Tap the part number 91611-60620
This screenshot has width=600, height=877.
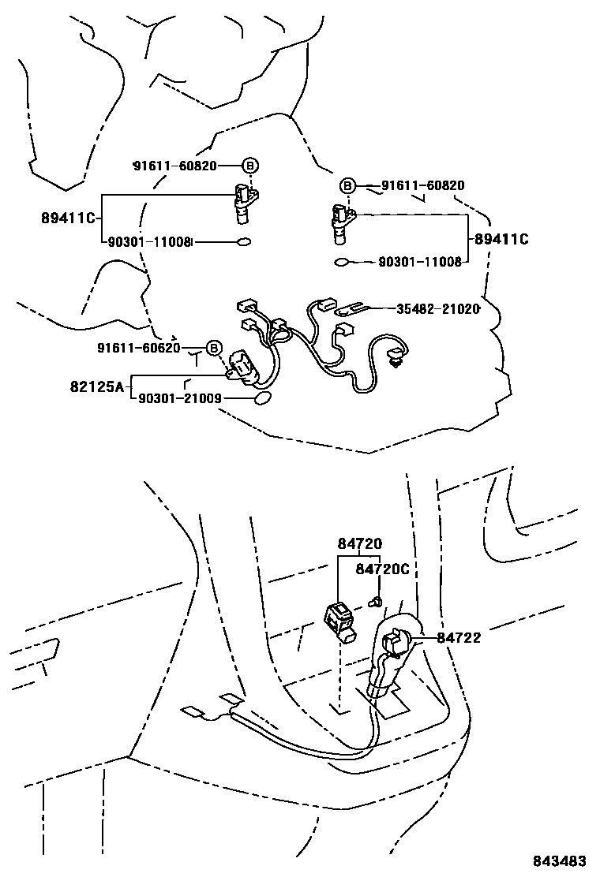139,348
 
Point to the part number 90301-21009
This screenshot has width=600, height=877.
179,400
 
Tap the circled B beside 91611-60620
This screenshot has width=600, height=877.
213,348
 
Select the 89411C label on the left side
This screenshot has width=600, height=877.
69,216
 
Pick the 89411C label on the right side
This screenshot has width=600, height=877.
500,238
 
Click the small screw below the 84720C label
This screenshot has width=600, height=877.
377,603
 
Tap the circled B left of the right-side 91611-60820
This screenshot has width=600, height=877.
347,186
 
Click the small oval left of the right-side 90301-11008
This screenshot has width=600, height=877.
342,262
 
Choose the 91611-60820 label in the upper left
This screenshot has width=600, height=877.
174,166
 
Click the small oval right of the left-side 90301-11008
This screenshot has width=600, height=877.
243,242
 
